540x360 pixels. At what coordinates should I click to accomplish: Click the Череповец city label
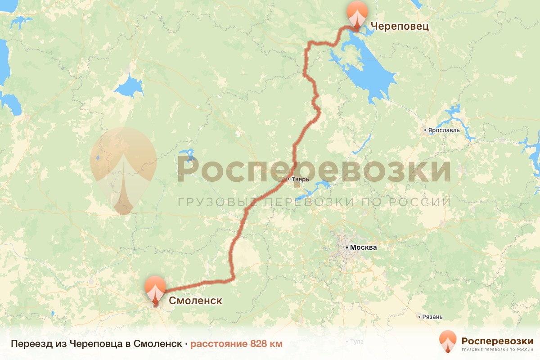tap(399, 26)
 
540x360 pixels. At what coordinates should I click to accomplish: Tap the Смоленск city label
tap(195, 301)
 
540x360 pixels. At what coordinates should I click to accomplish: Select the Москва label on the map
tap(364, 247)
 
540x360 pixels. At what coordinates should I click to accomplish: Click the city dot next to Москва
tap(347, 247)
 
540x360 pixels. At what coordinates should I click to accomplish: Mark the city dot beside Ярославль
tap(425, 130)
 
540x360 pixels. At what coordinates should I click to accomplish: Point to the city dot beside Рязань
tap(419, 317)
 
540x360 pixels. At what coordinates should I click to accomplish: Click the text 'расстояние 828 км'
tap(236, 344)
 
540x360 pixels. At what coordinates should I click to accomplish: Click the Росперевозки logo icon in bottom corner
tap(448, 341)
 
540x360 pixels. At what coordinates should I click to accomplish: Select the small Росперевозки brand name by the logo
tap(496, 340)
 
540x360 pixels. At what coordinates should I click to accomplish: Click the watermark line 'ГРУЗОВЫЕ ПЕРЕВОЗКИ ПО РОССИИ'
tap(314, 202)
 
